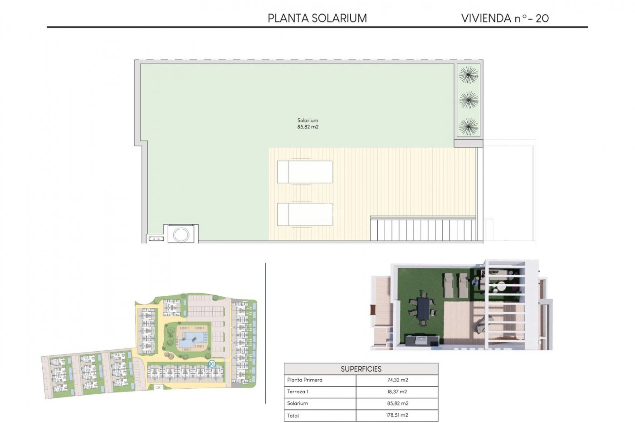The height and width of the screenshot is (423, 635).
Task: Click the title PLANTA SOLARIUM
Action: tap(317, 18)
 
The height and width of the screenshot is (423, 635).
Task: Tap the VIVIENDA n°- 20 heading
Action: tap(505, 18)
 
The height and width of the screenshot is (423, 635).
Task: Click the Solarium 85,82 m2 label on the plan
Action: tap(308, 124)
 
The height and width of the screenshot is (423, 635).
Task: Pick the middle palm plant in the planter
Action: tap(468, 100)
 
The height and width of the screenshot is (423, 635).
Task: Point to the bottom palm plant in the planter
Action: tap(468, 126)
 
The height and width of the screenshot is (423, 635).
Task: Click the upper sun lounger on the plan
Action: tap(305, 172)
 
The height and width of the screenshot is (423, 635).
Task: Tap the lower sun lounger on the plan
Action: tap(305, 214)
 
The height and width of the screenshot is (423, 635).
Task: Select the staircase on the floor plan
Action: tap(423, 229)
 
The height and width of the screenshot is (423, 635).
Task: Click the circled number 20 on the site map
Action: tap(212, 364)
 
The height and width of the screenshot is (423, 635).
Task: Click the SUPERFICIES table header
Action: tap(361, 369)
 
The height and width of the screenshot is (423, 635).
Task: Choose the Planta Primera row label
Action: tap(305, 380)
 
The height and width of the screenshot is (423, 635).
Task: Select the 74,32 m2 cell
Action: tap(398, 380)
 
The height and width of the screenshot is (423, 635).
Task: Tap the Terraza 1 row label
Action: tap(298, 392)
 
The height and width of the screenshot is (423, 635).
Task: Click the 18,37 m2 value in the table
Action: tap(398, 392)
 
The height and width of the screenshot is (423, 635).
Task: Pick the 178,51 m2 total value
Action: tap(398, 415)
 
